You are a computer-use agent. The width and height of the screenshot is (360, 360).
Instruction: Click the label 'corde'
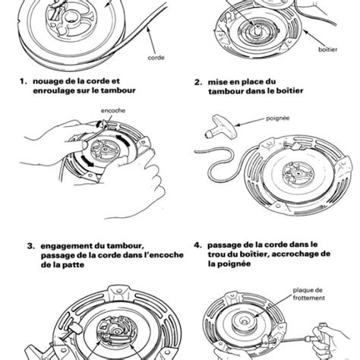tap(156, 58)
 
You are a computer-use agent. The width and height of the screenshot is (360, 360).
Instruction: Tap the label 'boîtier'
tap(327, 49)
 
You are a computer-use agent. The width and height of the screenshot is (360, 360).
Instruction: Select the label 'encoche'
tap(113, 111)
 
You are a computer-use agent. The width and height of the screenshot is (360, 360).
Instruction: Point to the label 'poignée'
tap(277, 118)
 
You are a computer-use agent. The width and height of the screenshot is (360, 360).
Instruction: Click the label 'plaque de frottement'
tap(308, 294)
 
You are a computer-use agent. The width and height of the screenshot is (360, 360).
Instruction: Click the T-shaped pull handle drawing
tap(221, 127)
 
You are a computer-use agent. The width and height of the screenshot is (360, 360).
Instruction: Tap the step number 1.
tap(23, 81)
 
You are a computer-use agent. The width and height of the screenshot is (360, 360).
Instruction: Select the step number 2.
tap(198, 82)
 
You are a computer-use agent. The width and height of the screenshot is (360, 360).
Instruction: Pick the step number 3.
tap(30, 246)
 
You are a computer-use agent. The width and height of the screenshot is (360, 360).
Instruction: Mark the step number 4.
tap(198, 245)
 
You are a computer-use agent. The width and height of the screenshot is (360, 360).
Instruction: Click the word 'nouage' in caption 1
tap(46, 82)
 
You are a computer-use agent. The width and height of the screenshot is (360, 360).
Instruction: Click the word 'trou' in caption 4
tap(216, 254)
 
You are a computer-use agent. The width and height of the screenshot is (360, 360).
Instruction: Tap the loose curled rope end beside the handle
tap(218, 165)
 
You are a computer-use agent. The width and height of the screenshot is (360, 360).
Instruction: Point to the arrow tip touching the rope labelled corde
tap(147, 27)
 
